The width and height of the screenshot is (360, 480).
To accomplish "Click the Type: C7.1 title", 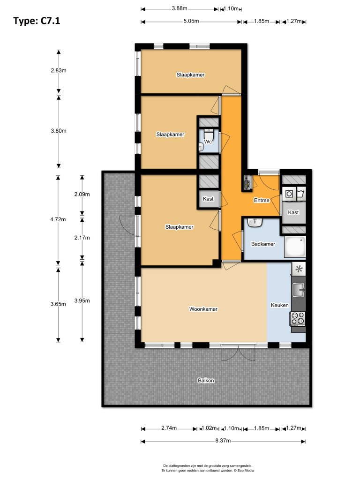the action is (x=37, y=21).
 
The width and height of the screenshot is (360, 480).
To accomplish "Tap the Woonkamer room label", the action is (x=203, y=309).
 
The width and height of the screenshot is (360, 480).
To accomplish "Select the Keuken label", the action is (x=279, y=305).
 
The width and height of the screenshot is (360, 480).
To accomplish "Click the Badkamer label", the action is (x=263, y=244).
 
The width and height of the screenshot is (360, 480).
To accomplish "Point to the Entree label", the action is (x=262, y=200).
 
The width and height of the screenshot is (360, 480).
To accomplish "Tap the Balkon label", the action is (x=206, y=380).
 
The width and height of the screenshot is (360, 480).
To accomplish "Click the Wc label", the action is (x=208, y=142).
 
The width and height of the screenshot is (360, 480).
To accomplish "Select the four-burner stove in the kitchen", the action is (x=298, y=318).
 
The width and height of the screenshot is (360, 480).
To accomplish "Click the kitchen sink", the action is (x=299, y=290).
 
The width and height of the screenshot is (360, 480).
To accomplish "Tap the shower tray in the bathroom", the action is (x=295, y=247).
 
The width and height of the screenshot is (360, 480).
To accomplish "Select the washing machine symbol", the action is (x=289, y=194).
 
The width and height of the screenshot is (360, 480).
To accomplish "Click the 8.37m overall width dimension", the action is (x=223, y=441).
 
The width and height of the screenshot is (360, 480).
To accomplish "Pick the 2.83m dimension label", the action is (x=59, y=70).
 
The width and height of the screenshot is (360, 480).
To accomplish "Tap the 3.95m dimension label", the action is (x=82, y=300).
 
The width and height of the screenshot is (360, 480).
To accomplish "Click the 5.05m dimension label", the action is (x=191, y=21).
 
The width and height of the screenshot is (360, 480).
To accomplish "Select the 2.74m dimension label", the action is (x=169, y=428).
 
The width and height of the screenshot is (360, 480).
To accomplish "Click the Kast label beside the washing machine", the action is (x=293, y=212).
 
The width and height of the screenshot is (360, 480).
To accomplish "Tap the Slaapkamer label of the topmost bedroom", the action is (x=190, y=75).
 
